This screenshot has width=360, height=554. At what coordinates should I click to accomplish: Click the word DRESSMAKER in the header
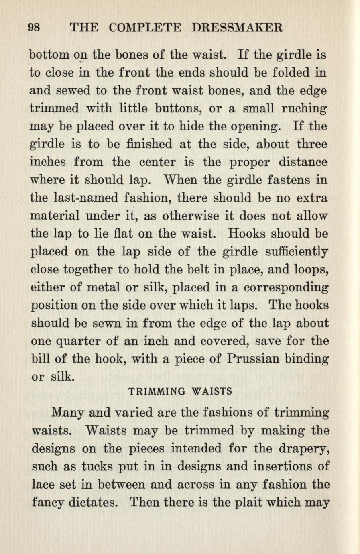[x=238, y=27]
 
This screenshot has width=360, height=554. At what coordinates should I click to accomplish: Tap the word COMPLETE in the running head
[x=145, y=27]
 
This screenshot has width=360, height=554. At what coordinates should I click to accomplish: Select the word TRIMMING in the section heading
[x=157, y=391]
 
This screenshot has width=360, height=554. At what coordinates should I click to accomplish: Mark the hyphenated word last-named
[x=85, y=198]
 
